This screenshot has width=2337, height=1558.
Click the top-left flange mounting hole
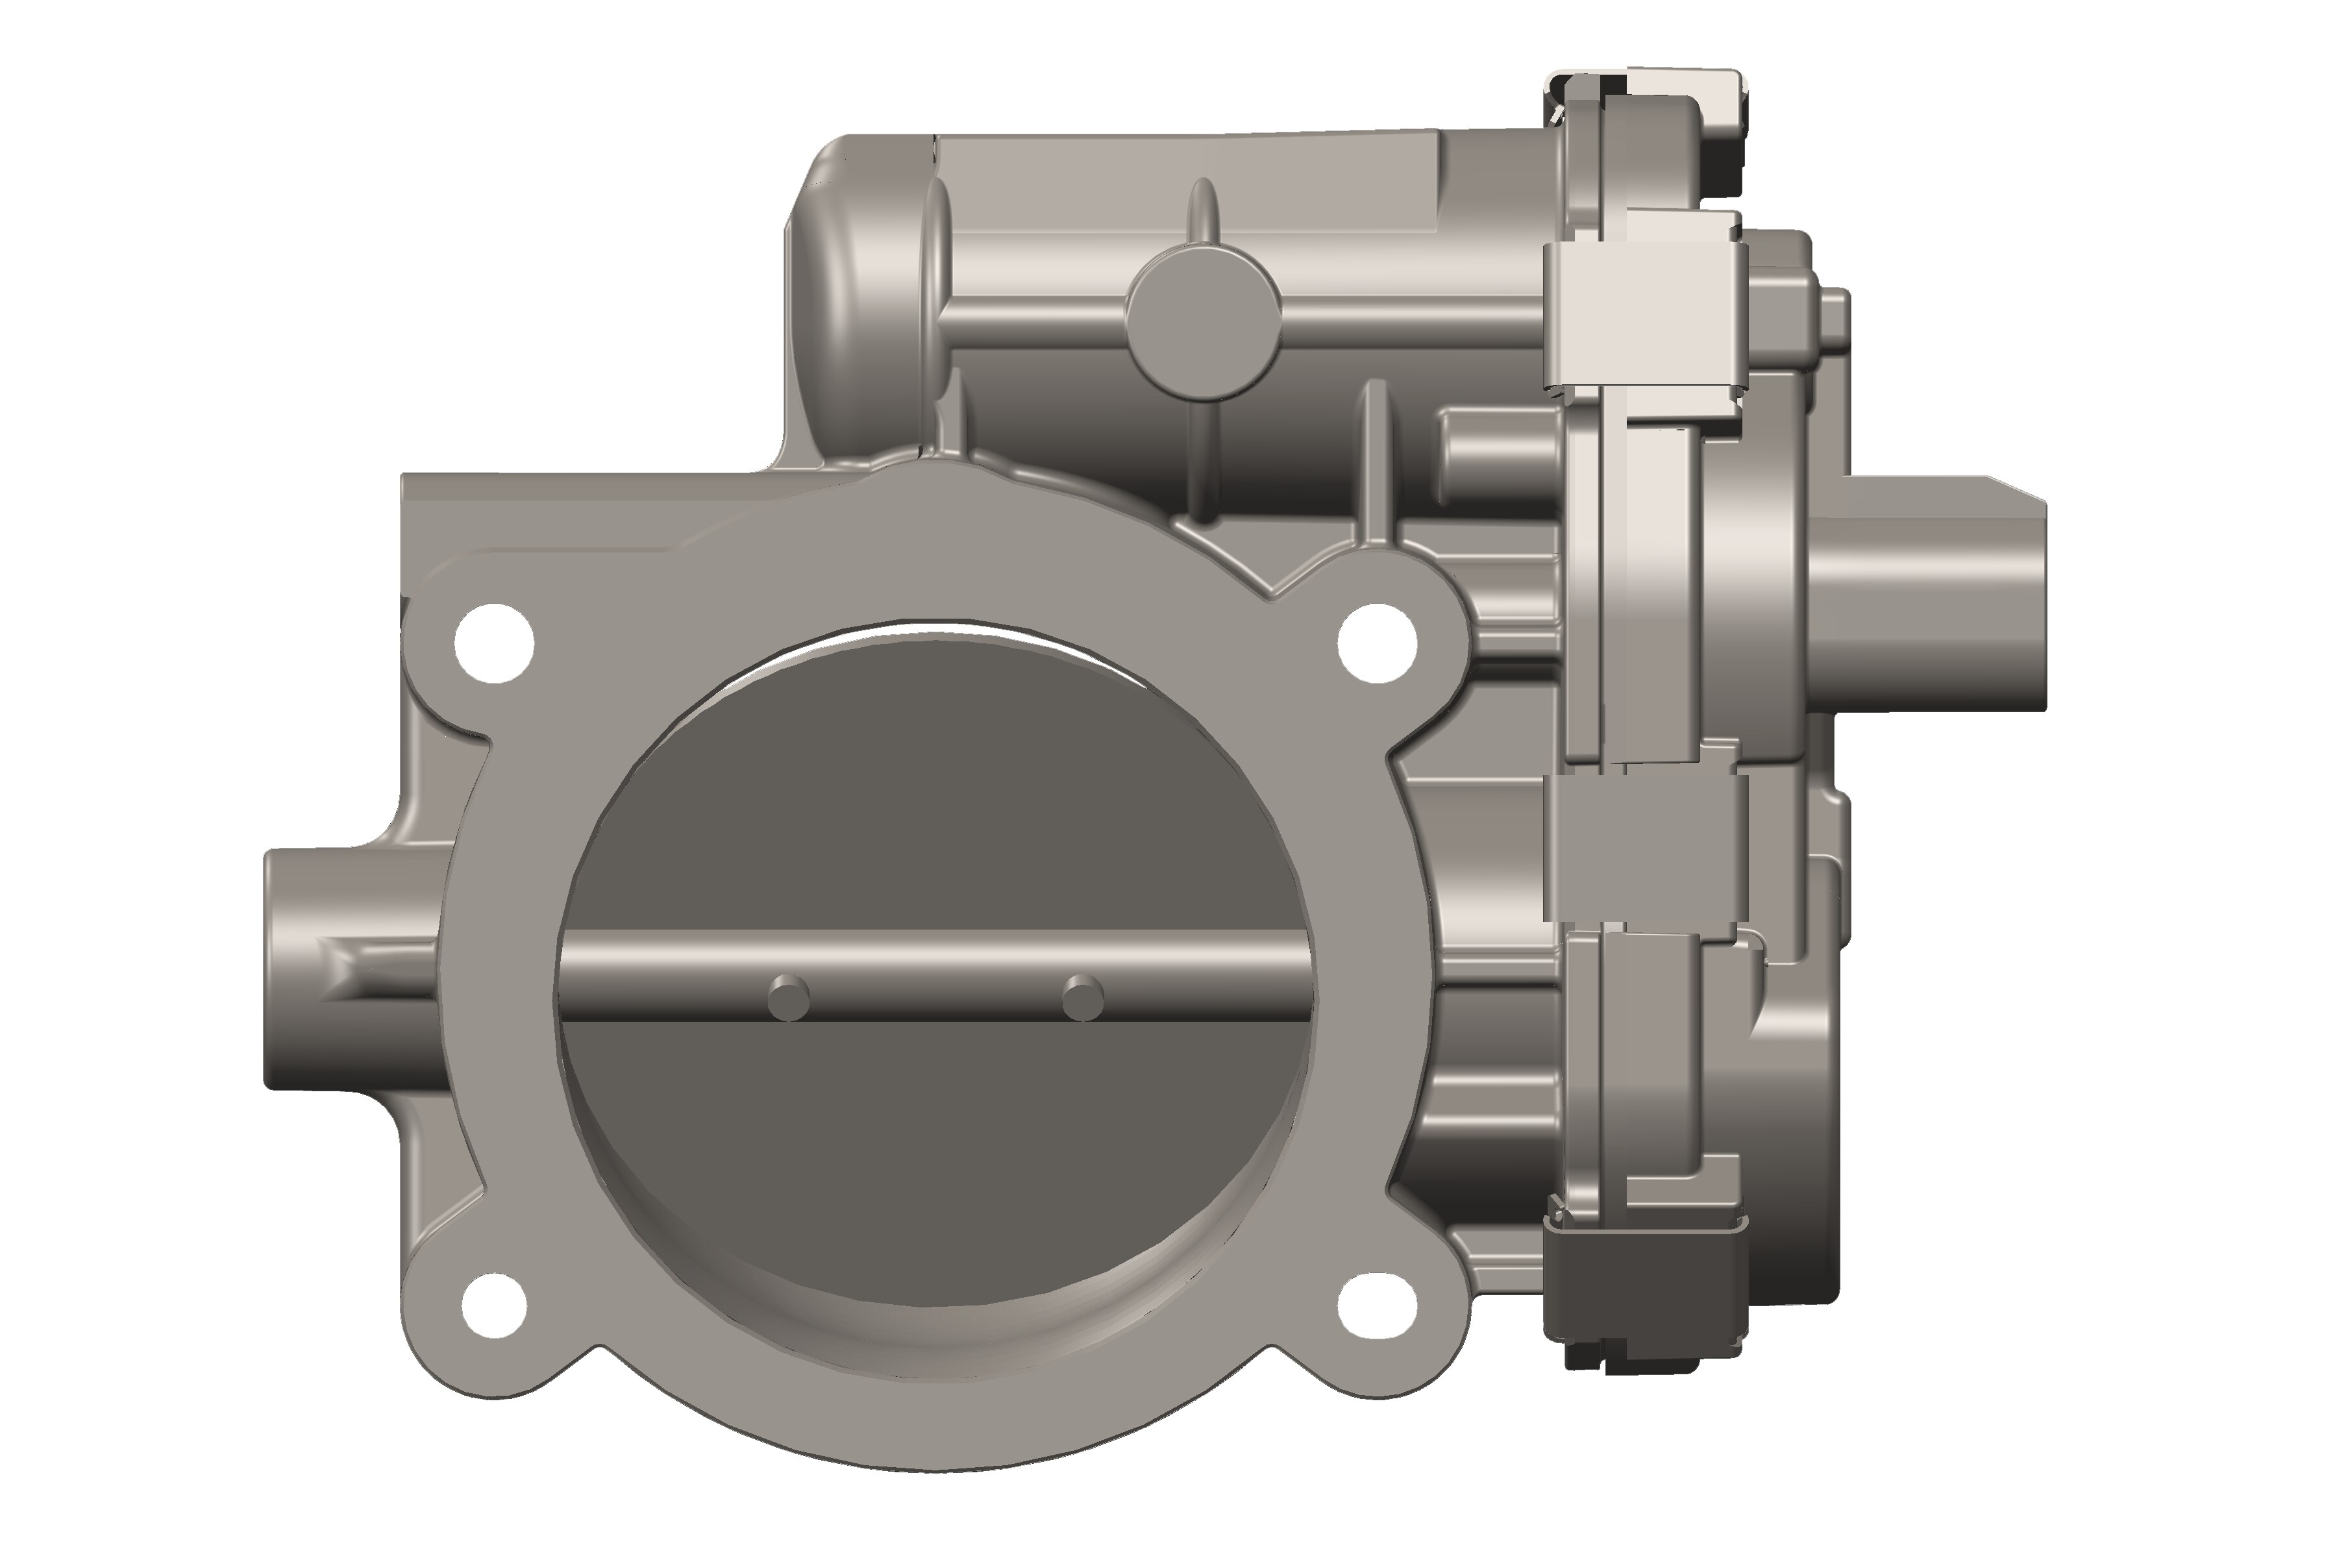pyautogui.click(x=494, y=643)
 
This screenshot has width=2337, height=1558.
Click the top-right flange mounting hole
pyautogui.click(x=1377, y=642)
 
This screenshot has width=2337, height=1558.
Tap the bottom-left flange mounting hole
pyautogui.click(x=494, y=1304)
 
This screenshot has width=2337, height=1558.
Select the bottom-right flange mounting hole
pyautogui.click(x=1377, y=1304)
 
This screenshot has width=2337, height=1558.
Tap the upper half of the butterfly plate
pyautogui.click(x=934, y=795)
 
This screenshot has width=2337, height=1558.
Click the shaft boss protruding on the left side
pyautogui.click(x=338, y=969)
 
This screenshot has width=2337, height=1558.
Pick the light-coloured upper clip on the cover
pyautogui.click(x=1644, y=313)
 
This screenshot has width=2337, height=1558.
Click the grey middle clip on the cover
pyautogui.click(x=1644, y=850)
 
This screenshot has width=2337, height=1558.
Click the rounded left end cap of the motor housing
pyautogui.click(x=865, y=298)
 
